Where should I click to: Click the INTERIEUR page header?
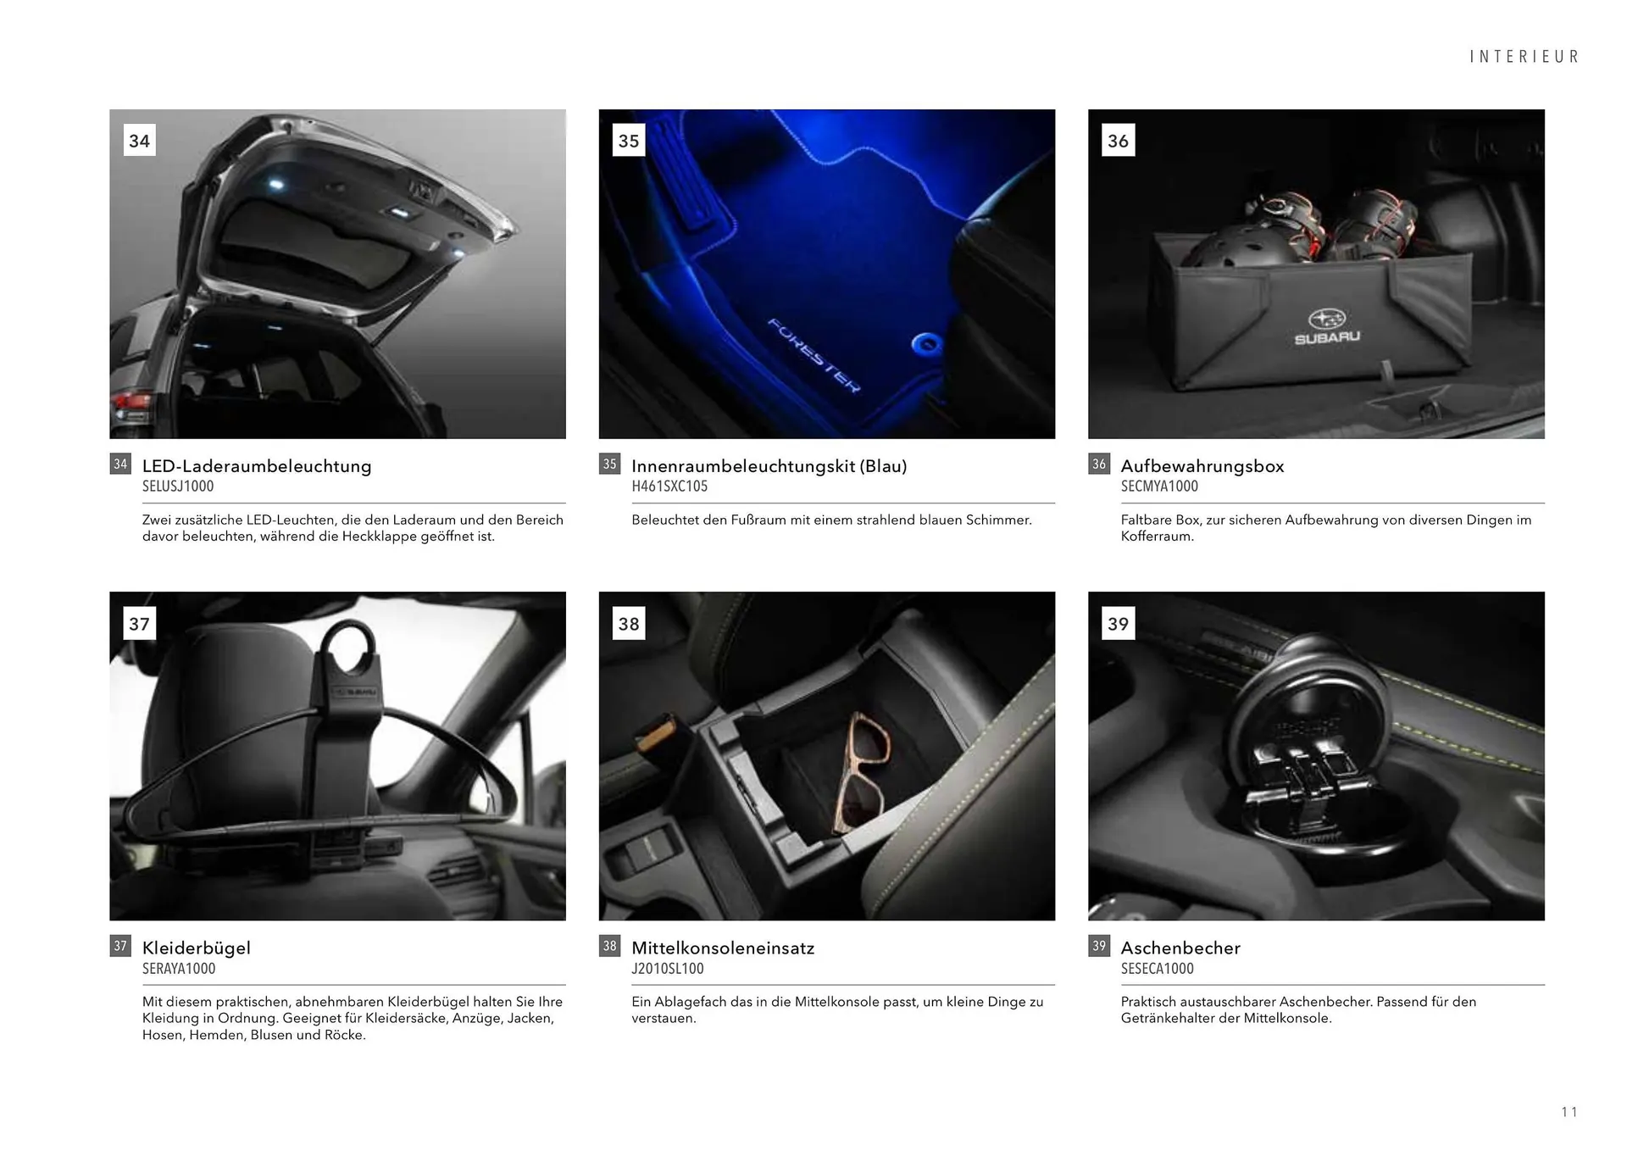(x=1524, y=57)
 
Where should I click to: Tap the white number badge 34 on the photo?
(x=139, y=141)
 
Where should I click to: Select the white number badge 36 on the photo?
(x=1118, y=141)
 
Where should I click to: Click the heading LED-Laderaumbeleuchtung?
(x=257, y=466)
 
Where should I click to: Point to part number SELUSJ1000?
(x=178, y=487)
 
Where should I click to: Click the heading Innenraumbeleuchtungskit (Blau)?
(x=769, y=466)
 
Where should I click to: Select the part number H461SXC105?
(x=669, y=487)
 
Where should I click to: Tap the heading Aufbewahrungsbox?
(x=1202, y=466)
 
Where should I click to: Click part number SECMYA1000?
(x=1159, y=487)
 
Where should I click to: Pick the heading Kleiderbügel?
(x=197, y=948)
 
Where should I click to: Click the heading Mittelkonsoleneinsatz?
(x=723, y=948)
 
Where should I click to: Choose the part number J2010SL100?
(x=668, y=969)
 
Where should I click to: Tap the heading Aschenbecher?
(x=1180, y=948)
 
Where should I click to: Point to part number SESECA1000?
(x=1157, y=969)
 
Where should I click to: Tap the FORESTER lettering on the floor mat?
(x=813, y=355)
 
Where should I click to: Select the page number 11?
(x=1569, y=1112)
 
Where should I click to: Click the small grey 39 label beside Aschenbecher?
(x=1099, y=946)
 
